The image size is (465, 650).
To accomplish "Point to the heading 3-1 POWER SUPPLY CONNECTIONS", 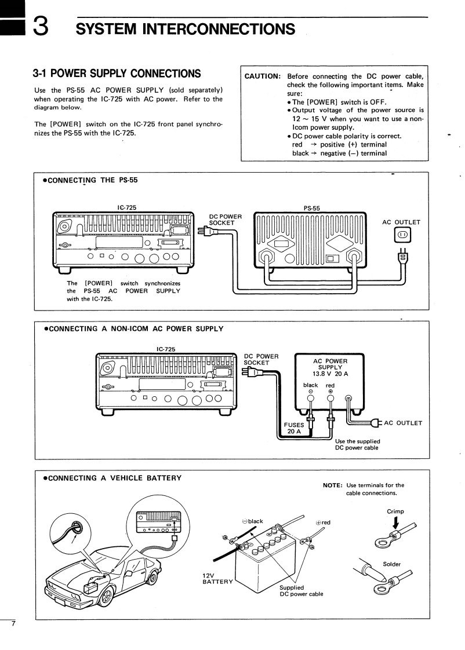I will [x=117, y=74].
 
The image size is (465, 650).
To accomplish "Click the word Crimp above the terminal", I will [x=395, y=512].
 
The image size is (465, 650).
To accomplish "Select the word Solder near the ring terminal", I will [x=392, y=564].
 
